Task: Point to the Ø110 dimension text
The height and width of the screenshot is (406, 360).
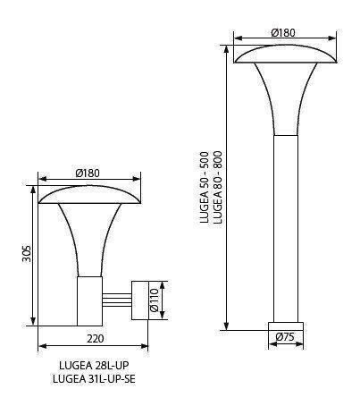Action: pos(153,301)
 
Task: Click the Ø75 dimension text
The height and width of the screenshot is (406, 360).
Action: pos(286,337)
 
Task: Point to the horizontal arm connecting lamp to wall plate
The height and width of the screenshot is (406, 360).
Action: pos(118,301)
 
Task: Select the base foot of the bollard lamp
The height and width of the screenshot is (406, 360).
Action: pos(286,322)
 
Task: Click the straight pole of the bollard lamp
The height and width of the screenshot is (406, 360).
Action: pos(286,224)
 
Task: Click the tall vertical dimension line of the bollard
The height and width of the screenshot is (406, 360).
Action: pos(227,188)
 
